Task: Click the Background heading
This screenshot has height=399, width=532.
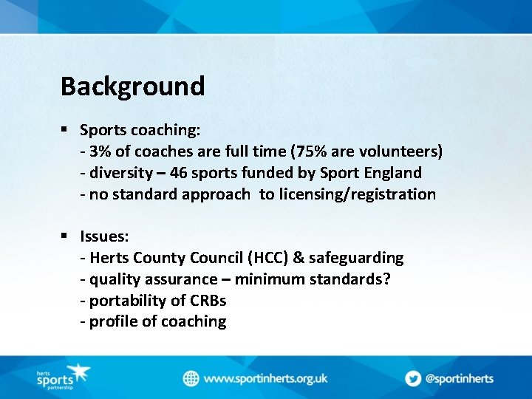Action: [132, 86]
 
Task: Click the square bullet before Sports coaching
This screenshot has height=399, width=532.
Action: [65, 130]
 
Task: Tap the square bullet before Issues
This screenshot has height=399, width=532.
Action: [65, 236]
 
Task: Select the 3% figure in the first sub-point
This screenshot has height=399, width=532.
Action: [100, 151]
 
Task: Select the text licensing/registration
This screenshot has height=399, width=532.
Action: [358, 194]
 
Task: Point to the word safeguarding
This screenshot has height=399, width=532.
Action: [356, 258]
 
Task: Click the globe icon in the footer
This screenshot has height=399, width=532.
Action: [191, 378]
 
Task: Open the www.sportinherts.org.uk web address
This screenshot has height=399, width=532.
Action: [265, 378]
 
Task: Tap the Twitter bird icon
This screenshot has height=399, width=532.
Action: [412, 378]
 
